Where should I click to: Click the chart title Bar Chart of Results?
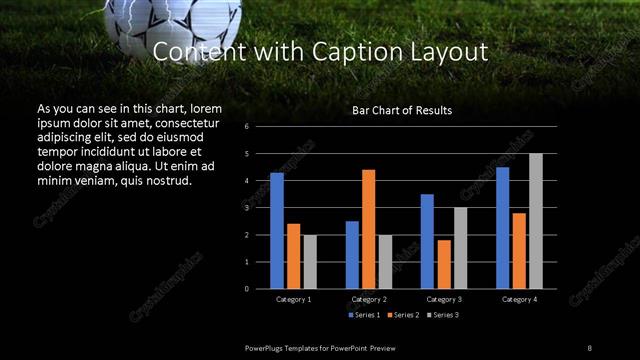tap(401, 110)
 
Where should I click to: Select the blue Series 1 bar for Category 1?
tap(277, 230)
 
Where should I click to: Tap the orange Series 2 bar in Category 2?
tap(368, 229)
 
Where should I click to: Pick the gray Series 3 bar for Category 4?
tap(536, 221)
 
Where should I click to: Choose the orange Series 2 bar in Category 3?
tap(444, 264)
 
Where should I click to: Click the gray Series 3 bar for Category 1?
tap(310, 261)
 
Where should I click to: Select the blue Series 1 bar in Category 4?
tap(502, 227)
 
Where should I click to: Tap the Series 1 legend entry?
tap(363, 315)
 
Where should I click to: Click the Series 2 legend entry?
tap(403, 315)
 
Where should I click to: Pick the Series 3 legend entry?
tap(443, 315)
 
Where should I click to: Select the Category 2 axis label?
tap(369, 299)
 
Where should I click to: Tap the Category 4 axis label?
tap(519, 299)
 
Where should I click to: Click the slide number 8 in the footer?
tap(590, 347)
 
